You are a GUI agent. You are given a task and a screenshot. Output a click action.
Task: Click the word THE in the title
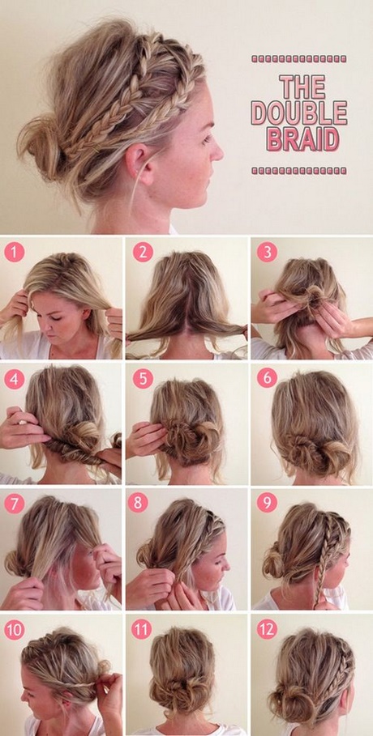302,87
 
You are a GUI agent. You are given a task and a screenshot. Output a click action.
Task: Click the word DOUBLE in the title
299,113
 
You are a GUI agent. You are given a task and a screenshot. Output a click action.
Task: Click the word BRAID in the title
303,138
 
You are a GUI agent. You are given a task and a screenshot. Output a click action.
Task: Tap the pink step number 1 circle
14,252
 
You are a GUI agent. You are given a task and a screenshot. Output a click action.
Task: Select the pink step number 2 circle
143,252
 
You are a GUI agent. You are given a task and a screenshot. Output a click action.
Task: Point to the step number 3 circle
267,252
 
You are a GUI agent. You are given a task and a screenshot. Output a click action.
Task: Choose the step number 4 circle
14,379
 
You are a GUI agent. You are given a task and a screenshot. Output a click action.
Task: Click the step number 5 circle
143,379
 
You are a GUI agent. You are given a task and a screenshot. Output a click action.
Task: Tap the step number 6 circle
267,379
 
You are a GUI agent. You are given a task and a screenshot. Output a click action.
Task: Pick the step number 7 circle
14,504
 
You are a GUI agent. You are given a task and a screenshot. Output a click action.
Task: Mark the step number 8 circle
137,503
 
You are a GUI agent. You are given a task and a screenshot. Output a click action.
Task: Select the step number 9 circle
267,503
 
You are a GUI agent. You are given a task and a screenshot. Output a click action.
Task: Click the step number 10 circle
14,630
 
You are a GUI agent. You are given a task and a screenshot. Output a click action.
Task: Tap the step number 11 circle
142,630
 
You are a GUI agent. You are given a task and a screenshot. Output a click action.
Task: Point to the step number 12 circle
267,630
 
